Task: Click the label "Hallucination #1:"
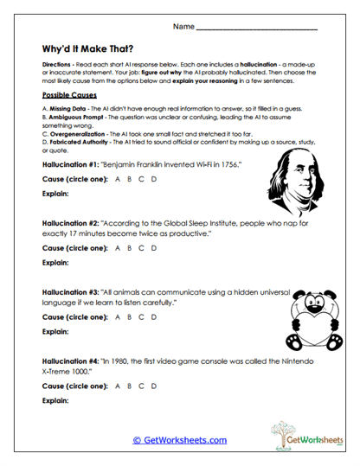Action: point(72,163)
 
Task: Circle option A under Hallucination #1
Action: point(119,178)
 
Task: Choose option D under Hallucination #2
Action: point(153,247)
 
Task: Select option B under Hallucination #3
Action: point(130,316)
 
